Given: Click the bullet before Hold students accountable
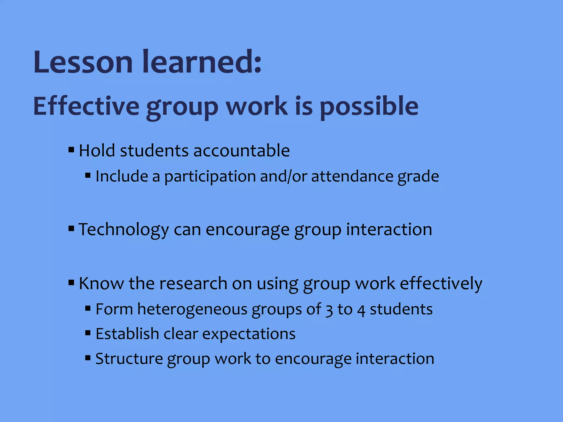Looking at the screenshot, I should (x=71, y=150).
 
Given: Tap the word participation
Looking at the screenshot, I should (x=210, y=176).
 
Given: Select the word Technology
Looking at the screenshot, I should (x=124, y=230).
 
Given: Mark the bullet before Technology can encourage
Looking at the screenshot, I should (x=71, y=228).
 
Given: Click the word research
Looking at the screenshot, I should (x=193, y=283).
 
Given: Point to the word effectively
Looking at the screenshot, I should (x=441, y=283).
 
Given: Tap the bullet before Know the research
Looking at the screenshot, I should (x=71, y=282).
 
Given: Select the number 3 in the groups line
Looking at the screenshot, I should (x=329, y=310).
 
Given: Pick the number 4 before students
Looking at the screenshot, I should (x=361, y=310).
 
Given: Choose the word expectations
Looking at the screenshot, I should (x=249, y=334).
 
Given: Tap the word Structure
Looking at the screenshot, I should (x=129, y=359).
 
